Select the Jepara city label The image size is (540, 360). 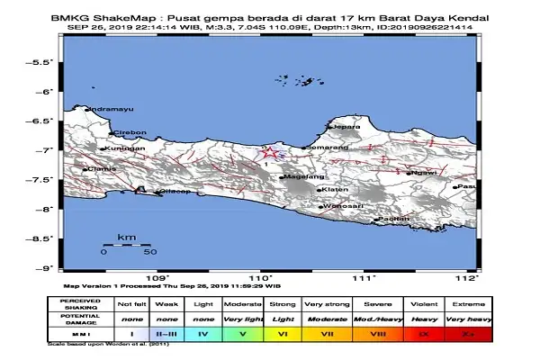pos(346,127)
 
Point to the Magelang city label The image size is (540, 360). pos(301,177)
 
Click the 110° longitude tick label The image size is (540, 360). pos(261,279)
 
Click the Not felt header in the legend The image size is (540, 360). pos(125,302)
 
